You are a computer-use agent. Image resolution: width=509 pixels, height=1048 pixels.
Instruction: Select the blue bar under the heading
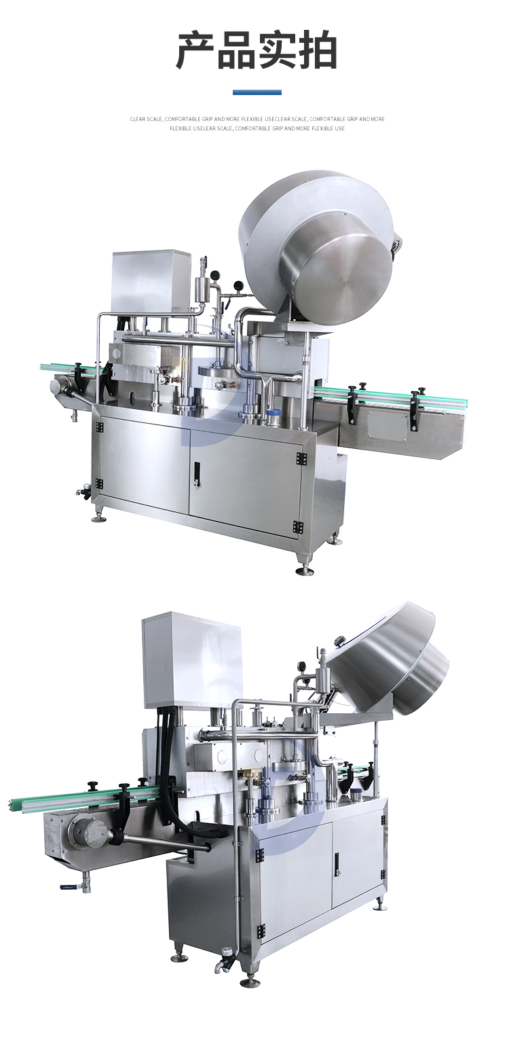point(257,92)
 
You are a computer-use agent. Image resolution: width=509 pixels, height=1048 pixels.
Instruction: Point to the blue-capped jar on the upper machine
point(273,414)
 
